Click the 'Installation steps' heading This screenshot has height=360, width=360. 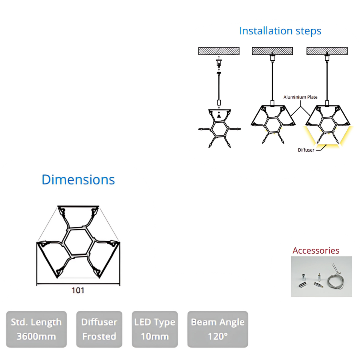click(x=280, y=31)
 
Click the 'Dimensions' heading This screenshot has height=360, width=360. click(x=78, y=180)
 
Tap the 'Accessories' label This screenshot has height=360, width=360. click(x=316, y=251)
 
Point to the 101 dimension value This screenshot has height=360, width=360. click(x=78, y=290)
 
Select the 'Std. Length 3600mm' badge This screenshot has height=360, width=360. click(x=36, y=329)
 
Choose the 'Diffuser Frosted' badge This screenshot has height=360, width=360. click(x=99, y=329)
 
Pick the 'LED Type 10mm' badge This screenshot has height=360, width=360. click(x=155, y=329)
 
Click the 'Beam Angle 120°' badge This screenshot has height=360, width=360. click(x=218, y=329)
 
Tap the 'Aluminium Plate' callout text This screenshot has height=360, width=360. click(x=300, y=97)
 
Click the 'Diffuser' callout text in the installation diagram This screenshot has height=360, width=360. click(x=306, y=150)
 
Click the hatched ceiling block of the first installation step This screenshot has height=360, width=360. click(x=219, y=51)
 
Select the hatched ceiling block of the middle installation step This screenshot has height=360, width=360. click(x=272, y=51)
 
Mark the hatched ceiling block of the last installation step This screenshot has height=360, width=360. click(x=327, y=51)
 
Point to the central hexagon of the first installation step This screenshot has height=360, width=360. click(x=219, y=129)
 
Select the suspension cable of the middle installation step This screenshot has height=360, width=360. click(x=272, y=80)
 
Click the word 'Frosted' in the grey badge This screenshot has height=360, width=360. click(x=99, y=336)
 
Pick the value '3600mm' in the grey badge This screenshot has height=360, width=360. click(x=36, y=336)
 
